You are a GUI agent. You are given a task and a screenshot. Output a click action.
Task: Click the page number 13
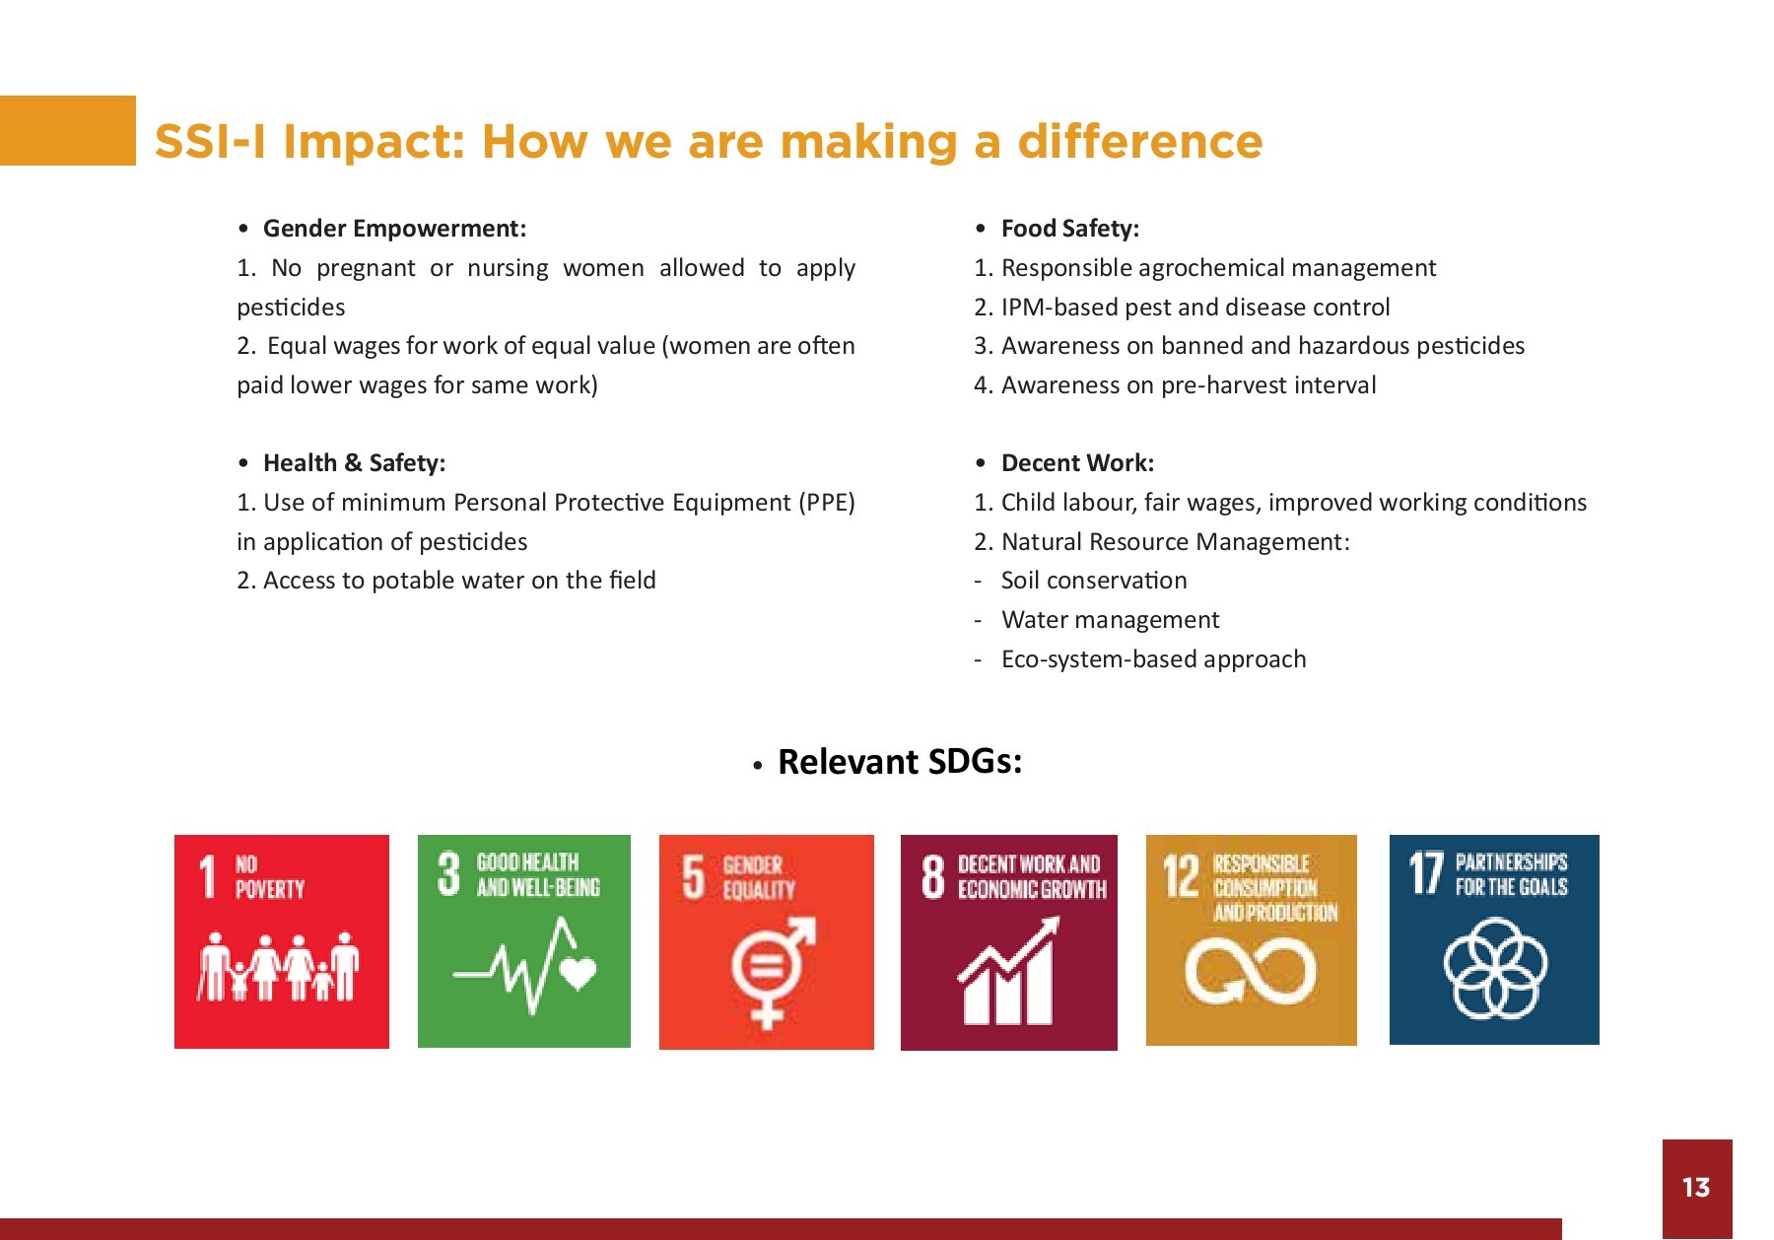click(1695, 1187)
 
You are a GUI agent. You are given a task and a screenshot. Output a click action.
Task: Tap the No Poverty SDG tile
click(282, 941)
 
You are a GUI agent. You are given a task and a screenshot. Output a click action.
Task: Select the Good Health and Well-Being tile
click(524, 940)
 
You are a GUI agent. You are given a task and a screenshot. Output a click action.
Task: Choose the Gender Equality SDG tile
click(767, 942)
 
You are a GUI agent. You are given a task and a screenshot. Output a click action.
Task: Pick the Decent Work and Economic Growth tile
click(1009, 942)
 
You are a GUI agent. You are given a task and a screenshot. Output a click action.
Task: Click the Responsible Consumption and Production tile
click(1252, 939)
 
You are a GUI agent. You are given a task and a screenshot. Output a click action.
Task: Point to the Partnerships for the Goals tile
click(1494, 939)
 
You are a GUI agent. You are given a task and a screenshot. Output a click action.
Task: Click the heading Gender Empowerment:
click(394, 229)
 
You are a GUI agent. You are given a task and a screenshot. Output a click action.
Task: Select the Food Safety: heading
click(1070, 229)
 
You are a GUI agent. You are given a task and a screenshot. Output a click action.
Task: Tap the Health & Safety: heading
click(354, 463)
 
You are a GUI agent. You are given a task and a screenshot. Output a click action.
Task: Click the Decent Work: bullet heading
click(1077, 463)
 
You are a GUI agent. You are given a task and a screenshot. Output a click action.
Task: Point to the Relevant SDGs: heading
click(900, 761)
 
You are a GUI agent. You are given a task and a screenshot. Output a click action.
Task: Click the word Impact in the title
click(374, 142)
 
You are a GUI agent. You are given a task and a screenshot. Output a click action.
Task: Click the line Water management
click(1110, 620)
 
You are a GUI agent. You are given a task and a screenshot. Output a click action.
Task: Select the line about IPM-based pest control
click(1182, 308)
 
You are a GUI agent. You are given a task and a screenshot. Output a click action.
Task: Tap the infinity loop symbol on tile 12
click(1251, 970)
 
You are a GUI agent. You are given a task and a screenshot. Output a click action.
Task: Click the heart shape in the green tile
click(578, 973)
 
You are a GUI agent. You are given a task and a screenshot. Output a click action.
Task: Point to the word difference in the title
click(1140, 141)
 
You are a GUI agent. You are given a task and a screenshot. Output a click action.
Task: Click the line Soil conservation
click(1094, 581)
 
